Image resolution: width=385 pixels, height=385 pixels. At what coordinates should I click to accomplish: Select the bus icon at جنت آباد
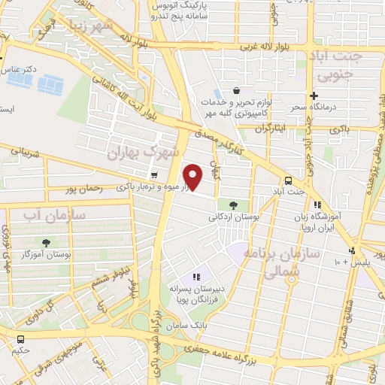coord(289,180)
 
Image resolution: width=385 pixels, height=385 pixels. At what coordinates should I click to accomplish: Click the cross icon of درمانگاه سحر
coord(314,95)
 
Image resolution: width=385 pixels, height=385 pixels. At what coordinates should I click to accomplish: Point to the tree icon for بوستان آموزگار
coord(47,242)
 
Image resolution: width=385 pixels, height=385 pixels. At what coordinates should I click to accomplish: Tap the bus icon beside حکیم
coord(20,339)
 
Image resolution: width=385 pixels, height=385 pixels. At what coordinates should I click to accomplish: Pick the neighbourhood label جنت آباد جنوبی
coord(341,66)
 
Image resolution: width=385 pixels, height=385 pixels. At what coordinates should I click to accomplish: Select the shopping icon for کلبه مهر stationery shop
coord(238,89)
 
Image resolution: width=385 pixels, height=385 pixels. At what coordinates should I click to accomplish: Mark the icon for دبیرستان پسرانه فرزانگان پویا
coord(198,277)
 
